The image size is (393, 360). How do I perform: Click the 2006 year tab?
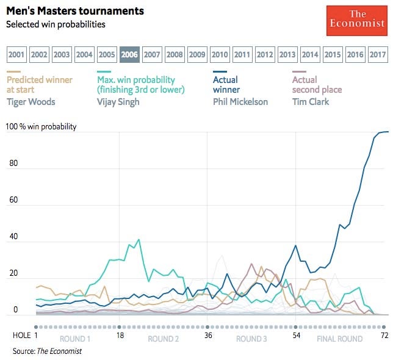click(x=129, y=54)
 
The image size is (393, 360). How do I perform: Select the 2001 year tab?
click(x=17, y=54)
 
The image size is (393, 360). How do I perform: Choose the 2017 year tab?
click(x=378, y=54)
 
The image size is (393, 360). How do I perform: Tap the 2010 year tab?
click(x=220, y=54)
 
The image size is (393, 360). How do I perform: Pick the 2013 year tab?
click(x=287, y=54)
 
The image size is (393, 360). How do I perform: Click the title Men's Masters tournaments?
click(x=75, y=11)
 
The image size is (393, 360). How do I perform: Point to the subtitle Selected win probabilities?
click(x=56, y=24)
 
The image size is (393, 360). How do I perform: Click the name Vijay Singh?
click(x=118, y=101)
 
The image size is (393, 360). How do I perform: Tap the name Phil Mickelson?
click(x=240, y=101)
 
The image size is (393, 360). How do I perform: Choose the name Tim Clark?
click(x=311, y=101)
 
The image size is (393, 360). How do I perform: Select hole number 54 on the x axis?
click(x=296, y=335)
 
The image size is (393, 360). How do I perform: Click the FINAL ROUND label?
click(x=339, y=338)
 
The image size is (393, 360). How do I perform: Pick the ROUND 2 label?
click(x=163, y=338)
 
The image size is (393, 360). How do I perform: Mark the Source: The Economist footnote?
click(x=47, y=351)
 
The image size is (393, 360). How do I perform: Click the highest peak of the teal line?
click(x=139, y=239)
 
